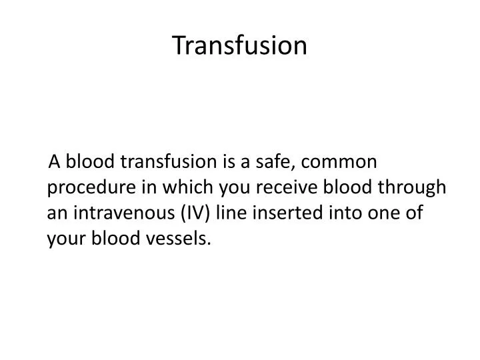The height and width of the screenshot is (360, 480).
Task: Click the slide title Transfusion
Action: pos(240,45)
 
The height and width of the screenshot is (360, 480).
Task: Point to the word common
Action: pos(345,161)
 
